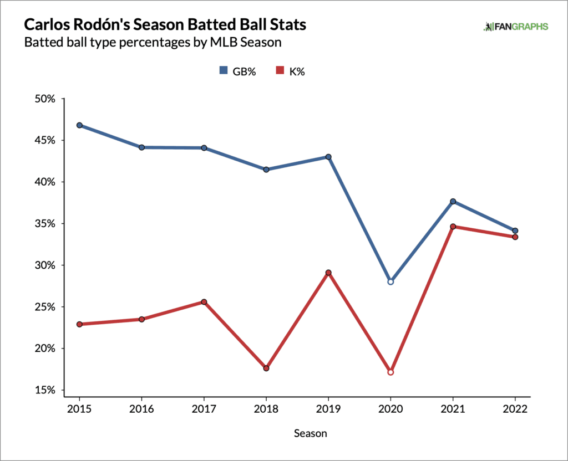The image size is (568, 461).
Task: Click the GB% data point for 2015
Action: (x=79, y=125)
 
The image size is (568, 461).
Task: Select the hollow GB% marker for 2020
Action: (x=390, y=281)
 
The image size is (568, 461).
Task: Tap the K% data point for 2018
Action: (x=266, y=368)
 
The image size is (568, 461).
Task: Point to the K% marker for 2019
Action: (x=328, y=273)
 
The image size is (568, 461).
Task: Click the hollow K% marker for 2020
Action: (x=390, y=372)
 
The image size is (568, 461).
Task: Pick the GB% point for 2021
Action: (x=453, y=201)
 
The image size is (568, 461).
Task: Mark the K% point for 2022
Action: (x=515, y=237)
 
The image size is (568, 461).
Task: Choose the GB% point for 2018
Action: (x=266, y=170)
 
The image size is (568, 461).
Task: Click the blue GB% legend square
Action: (x=224, y=70)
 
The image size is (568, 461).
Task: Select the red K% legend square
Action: (x=281, y=70)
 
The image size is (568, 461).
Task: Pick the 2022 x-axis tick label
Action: (x=515, y=409)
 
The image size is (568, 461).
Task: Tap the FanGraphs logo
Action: (x=516, y=27)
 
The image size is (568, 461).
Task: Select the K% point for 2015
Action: (x=79, y=324)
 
